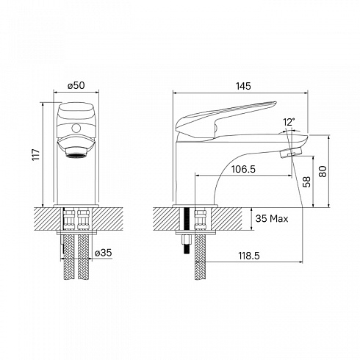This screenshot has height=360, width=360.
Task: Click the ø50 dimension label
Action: tap(76, 85)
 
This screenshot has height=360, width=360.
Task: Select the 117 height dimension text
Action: tap(36, 154)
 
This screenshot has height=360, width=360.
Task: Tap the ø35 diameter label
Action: tap(103, 253)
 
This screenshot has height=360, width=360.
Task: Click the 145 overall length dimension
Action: tap(243, 86)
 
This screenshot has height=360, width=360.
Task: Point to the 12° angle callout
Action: tap(289, 122)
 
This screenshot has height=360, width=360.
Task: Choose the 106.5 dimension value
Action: tap(243, 169)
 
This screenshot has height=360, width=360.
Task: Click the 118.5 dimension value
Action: tap(249, 256)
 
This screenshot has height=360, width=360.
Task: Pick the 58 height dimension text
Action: tap(306, 181)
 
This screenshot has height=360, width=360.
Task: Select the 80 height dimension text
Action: tap(323, 171)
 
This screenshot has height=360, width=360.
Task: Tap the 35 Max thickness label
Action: tap(272, 218)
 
